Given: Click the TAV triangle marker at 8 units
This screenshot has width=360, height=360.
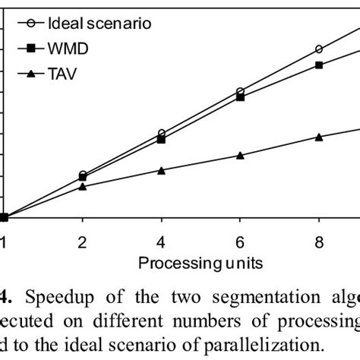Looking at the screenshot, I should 319,137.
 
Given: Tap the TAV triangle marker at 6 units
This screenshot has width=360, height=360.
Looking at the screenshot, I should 240,155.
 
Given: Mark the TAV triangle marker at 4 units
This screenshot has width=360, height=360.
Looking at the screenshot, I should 162,170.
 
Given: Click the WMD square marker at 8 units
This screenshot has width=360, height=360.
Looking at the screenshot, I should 319,65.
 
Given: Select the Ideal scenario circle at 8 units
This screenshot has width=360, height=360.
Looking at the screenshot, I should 319,49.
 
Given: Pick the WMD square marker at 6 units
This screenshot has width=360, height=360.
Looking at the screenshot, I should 240,97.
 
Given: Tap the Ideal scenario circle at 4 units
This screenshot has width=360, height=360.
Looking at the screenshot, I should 162,134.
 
